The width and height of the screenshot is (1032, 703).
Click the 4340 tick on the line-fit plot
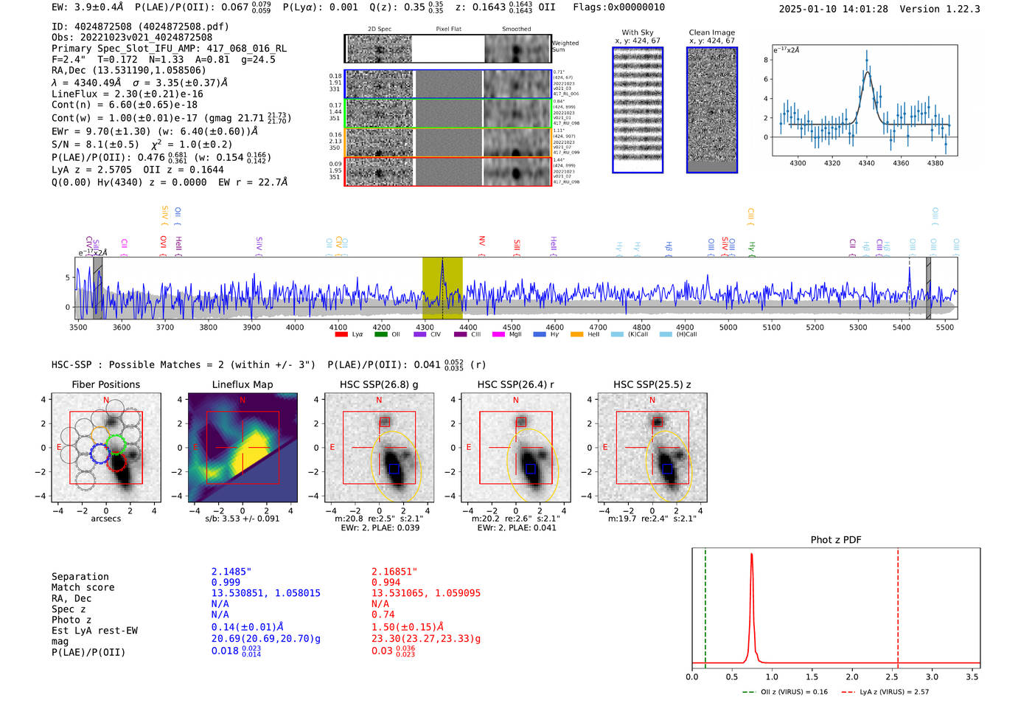[x=866, y=163]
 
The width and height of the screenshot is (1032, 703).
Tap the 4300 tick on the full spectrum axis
[x=425, y=327]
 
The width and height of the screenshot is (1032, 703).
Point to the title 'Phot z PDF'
[x=836, y=540]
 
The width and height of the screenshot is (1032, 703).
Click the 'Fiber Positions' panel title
[x=105, y=384]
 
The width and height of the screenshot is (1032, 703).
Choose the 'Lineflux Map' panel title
[x=243, y=384]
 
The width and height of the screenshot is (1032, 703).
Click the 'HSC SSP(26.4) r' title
[x=515, y=384]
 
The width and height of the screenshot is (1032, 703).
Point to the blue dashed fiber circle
[x=100, y=454]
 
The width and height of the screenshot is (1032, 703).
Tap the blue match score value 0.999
[x=226, y=582]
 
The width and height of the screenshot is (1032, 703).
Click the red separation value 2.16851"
[x=394, y=572]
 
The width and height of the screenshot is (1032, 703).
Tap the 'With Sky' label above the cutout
[x=638, y=32]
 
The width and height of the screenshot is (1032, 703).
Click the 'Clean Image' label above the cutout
[x=711, y=32]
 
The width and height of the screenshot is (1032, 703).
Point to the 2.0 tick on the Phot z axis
[x=851, y=676]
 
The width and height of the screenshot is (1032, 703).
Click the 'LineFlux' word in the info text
[x=74, y=94]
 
